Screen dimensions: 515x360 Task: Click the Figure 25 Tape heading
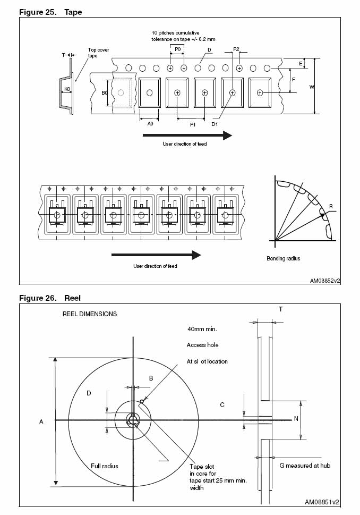click(50, 12)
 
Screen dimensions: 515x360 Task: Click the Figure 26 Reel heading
click(50, 298)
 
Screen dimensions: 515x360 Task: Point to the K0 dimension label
click(67, 89)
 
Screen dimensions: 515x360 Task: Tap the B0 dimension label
click(105, 92)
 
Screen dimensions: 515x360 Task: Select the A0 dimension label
click(150, 123)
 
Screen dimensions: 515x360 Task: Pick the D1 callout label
click(215, 124)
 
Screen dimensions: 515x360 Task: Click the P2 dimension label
click(236, 49)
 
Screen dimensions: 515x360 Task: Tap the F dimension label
click(294, 79)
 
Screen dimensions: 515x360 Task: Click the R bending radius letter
click(331, 206)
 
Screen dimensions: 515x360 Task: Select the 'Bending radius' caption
click(283, 258)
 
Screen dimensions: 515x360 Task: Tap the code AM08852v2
click(325, 280)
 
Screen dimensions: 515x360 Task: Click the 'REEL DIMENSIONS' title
click(90, 314)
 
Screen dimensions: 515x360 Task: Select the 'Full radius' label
click(104, 466)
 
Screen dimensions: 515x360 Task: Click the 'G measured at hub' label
click(305, 466)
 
